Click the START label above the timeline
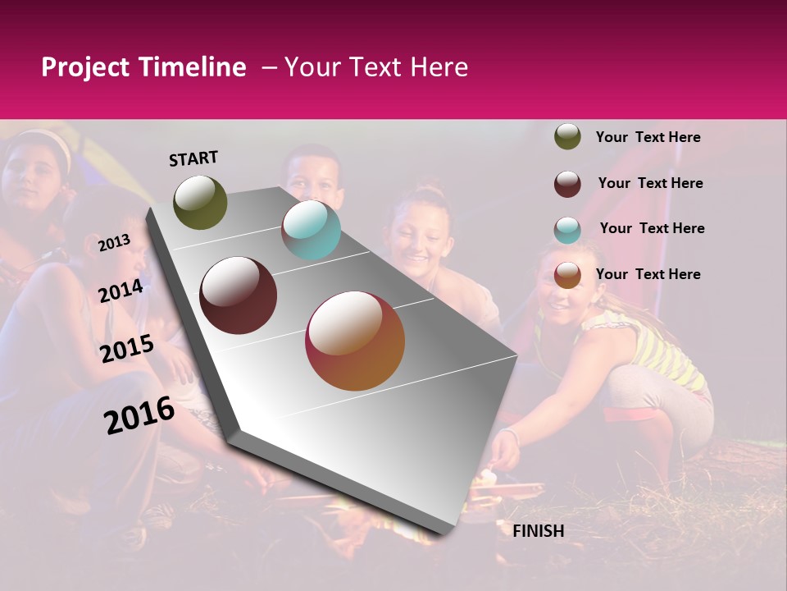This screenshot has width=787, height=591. [x=193, y=158]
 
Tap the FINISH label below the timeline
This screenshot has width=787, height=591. [x=538, y=531]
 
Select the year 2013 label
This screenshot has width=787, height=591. [x=114, y=243]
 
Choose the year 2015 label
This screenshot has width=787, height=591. [x=127, y=349]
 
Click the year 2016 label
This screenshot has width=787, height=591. [x=139, y=415]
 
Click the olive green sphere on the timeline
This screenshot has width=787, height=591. [x=200, y=203]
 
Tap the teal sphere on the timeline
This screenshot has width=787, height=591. [x=311, y=230]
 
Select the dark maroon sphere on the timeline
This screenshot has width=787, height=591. [x=239, y=295]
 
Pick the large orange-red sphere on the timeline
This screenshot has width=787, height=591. [x=355, y=341]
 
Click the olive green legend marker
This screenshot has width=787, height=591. [x=567, y=136]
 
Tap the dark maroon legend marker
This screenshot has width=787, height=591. [x=567, y=183]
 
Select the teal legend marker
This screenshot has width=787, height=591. [x=567, y=229]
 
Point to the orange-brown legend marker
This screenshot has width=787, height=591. [x=567, y=274]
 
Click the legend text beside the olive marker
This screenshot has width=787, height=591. [x=648, y=137]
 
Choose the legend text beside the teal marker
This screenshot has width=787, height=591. [x=652, y=228]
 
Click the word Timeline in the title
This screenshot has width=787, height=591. [x=198, y=67]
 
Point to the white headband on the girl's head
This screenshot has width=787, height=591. [x=49, y=141]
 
